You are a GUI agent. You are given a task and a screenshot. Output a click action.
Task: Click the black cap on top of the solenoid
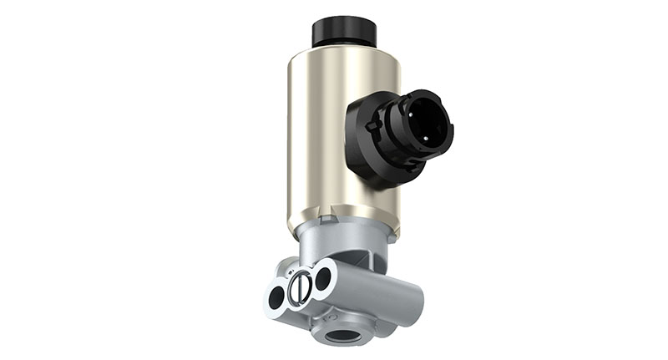click(x=344, y=33)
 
